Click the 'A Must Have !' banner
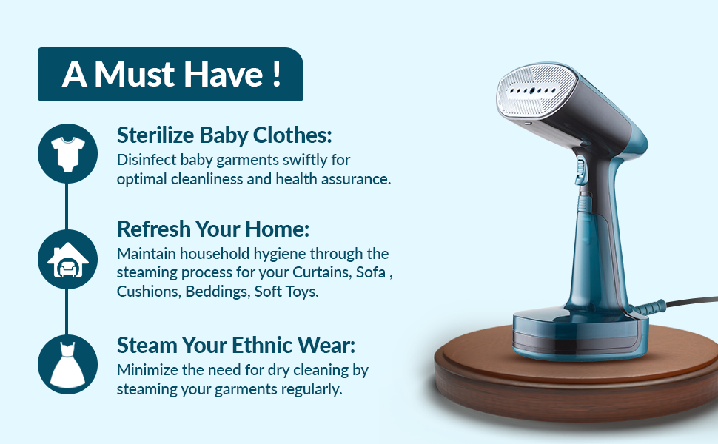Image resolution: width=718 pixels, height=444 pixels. point(170,74)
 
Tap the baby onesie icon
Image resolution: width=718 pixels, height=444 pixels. point(68,153)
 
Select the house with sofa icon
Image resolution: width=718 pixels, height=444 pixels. point(68,259)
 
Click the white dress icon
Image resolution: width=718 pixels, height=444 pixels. point(68,364)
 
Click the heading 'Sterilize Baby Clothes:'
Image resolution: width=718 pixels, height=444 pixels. point(224,135)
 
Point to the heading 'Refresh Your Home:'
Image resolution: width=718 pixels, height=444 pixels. point(213,229)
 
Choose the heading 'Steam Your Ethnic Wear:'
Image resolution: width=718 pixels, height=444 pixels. point(236,345)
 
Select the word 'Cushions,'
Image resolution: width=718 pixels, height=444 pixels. point(149,292)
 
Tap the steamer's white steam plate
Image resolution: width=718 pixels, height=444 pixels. point(535,90)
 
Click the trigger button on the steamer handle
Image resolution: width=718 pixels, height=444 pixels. point(580,169)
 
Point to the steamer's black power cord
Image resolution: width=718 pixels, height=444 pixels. point(691,300)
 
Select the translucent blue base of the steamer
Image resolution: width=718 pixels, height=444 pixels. point(580,334)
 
